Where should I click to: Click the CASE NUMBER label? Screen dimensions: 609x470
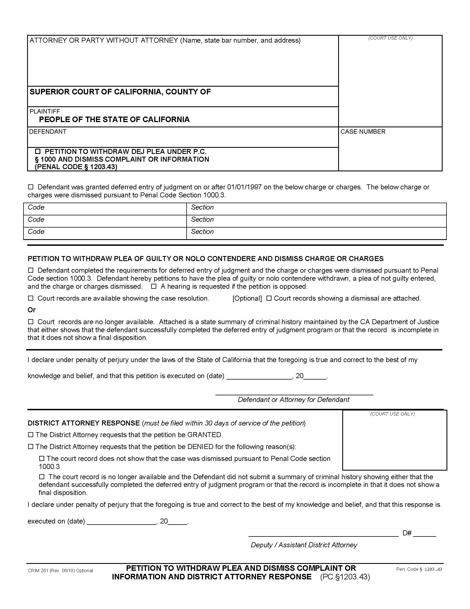pos(362,131)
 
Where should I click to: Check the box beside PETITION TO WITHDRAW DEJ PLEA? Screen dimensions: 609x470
pos(38,151)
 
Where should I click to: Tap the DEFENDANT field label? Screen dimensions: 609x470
pos(48,131)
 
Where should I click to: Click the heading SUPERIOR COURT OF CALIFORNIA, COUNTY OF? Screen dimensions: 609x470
pos(120,92)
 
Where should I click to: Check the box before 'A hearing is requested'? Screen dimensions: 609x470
pos(154,287)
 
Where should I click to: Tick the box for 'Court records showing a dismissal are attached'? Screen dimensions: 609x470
pos(269,298)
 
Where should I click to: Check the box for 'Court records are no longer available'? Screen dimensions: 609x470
pos(31,321)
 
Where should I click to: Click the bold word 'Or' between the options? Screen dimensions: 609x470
pos(32,310)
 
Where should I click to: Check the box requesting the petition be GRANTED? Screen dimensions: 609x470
pos(31,434)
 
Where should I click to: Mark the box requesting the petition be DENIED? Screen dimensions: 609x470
pos(31,447)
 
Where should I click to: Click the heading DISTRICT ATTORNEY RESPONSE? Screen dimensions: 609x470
pos(83,423)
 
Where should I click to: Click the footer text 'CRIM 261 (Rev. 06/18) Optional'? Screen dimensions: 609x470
pos(60,571)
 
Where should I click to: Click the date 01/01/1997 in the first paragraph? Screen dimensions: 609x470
pos(244,187)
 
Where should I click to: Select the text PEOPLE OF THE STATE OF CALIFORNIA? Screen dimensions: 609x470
pos(114,120)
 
